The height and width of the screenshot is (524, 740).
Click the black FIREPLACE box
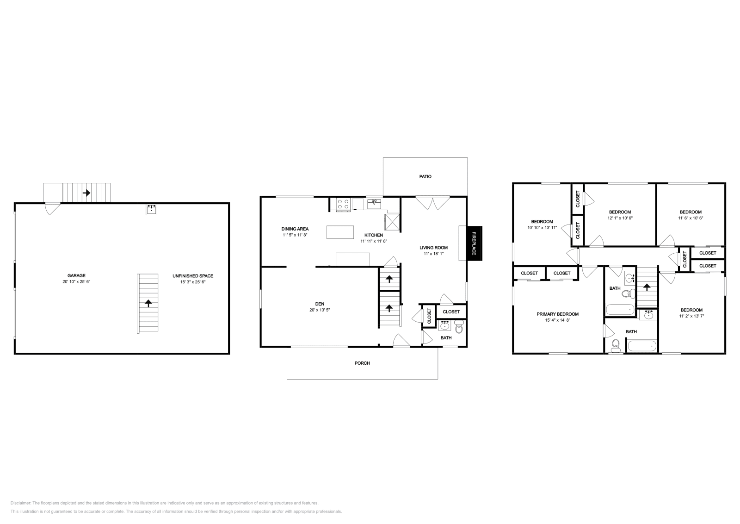(x=475, y=243)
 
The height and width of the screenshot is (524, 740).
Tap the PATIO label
(x=425, y=176)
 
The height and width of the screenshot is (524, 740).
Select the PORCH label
(x=362, y=363)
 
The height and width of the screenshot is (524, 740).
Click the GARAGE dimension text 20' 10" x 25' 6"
(x=76, y=281)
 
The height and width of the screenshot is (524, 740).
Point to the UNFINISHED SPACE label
(x=193, y=276)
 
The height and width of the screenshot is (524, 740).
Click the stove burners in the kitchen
(x=343, y=204)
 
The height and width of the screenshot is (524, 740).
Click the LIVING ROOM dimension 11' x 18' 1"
(x=434, y=254)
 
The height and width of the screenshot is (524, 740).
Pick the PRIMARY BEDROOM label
(x=557, y=314)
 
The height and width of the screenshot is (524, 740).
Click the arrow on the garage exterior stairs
(x=86, y=192)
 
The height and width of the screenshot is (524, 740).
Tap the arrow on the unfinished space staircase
(x=148, y=303)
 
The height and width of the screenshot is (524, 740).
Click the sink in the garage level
(x=151, y=210)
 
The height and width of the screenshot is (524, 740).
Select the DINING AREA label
(x=295, y=229)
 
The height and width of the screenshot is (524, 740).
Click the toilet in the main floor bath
(x=459, y=328)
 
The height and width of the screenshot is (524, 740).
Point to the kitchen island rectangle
(x=340, y=232)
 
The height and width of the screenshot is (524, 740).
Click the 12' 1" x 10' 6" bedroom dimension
(x=620, y=218)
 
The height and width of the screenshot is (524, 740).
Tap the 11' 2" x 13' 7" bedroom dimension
(x=691, y=316)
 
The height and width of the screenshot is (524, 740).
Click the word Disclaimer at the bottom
(x=20, y=503)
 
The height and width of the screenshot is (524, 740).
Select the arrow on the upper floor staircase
(x=647, y=287)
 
